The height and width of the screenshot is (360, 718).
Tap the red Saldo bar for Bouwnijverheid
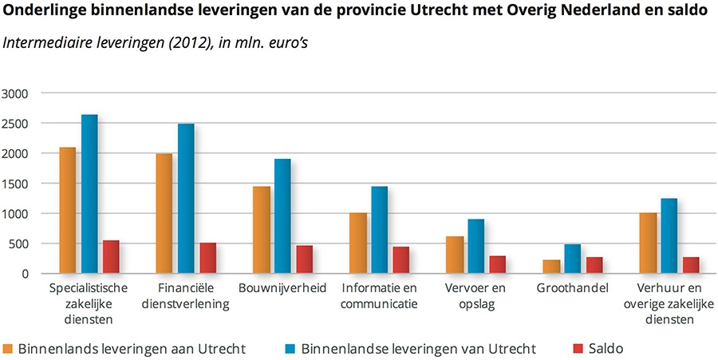tap(305, 259)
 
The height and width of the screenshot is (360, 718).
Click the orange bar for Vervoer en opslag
tap(455, 255)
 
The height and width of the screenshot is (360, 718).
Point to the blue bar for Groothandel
tap(573, 259)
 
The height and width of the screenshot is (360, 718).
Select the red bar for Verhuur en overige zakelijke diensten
tap(691, 265)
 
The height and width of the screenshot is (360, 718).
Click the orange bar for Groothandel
tap(551, 267)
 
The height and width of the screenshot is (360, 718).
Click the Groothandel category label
tap(573, 288)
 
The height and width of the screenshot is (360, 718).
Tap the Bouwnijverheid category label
tap(282, 288)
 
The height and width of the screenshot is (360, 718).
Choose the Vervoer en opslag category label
tap(476, 295)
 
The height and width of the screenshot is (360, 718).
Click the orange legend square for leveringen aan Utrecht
tap(8, 348)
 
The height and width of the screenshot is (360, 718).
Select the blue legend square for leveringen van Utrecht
tap(290, 348)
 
